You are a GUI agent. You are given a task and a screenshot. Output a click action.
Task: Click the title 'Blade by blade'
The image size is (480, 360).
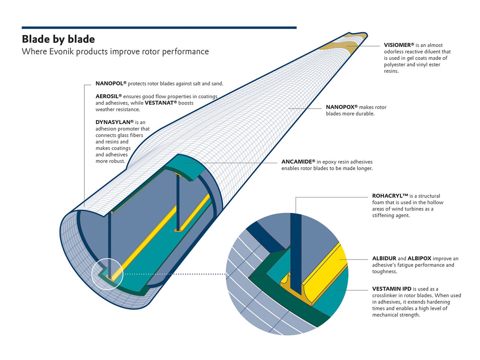pos(58,39)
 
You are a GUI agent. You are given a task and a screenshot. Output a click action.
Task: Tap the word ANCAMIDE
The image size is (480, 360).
pos(297,162)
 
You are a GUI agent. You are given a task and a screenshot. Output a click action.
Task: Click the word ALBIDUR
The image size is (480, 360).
pos(384,258)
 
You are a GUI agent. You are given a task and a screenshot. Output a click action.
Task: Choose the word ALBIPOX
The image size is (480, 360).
pos(419,258)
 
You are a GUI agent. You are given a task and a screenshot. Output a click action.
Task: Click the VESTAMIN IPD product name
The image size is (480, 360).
pos(391,289)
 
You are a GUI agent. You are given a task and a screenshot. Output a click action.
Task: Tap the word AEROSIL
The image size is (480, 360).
pos(107,97)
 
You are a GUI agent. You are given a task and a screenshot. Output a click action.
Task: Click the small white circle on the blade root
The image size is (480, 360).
pos(107,274)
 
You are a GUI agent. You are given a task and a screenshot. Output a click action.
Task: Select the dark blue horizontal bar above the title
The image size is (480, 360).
pos(159,27)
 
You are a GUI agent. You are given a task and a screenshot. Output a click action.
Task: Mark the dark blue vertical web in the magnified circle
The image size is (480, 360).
pos(296,255)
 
